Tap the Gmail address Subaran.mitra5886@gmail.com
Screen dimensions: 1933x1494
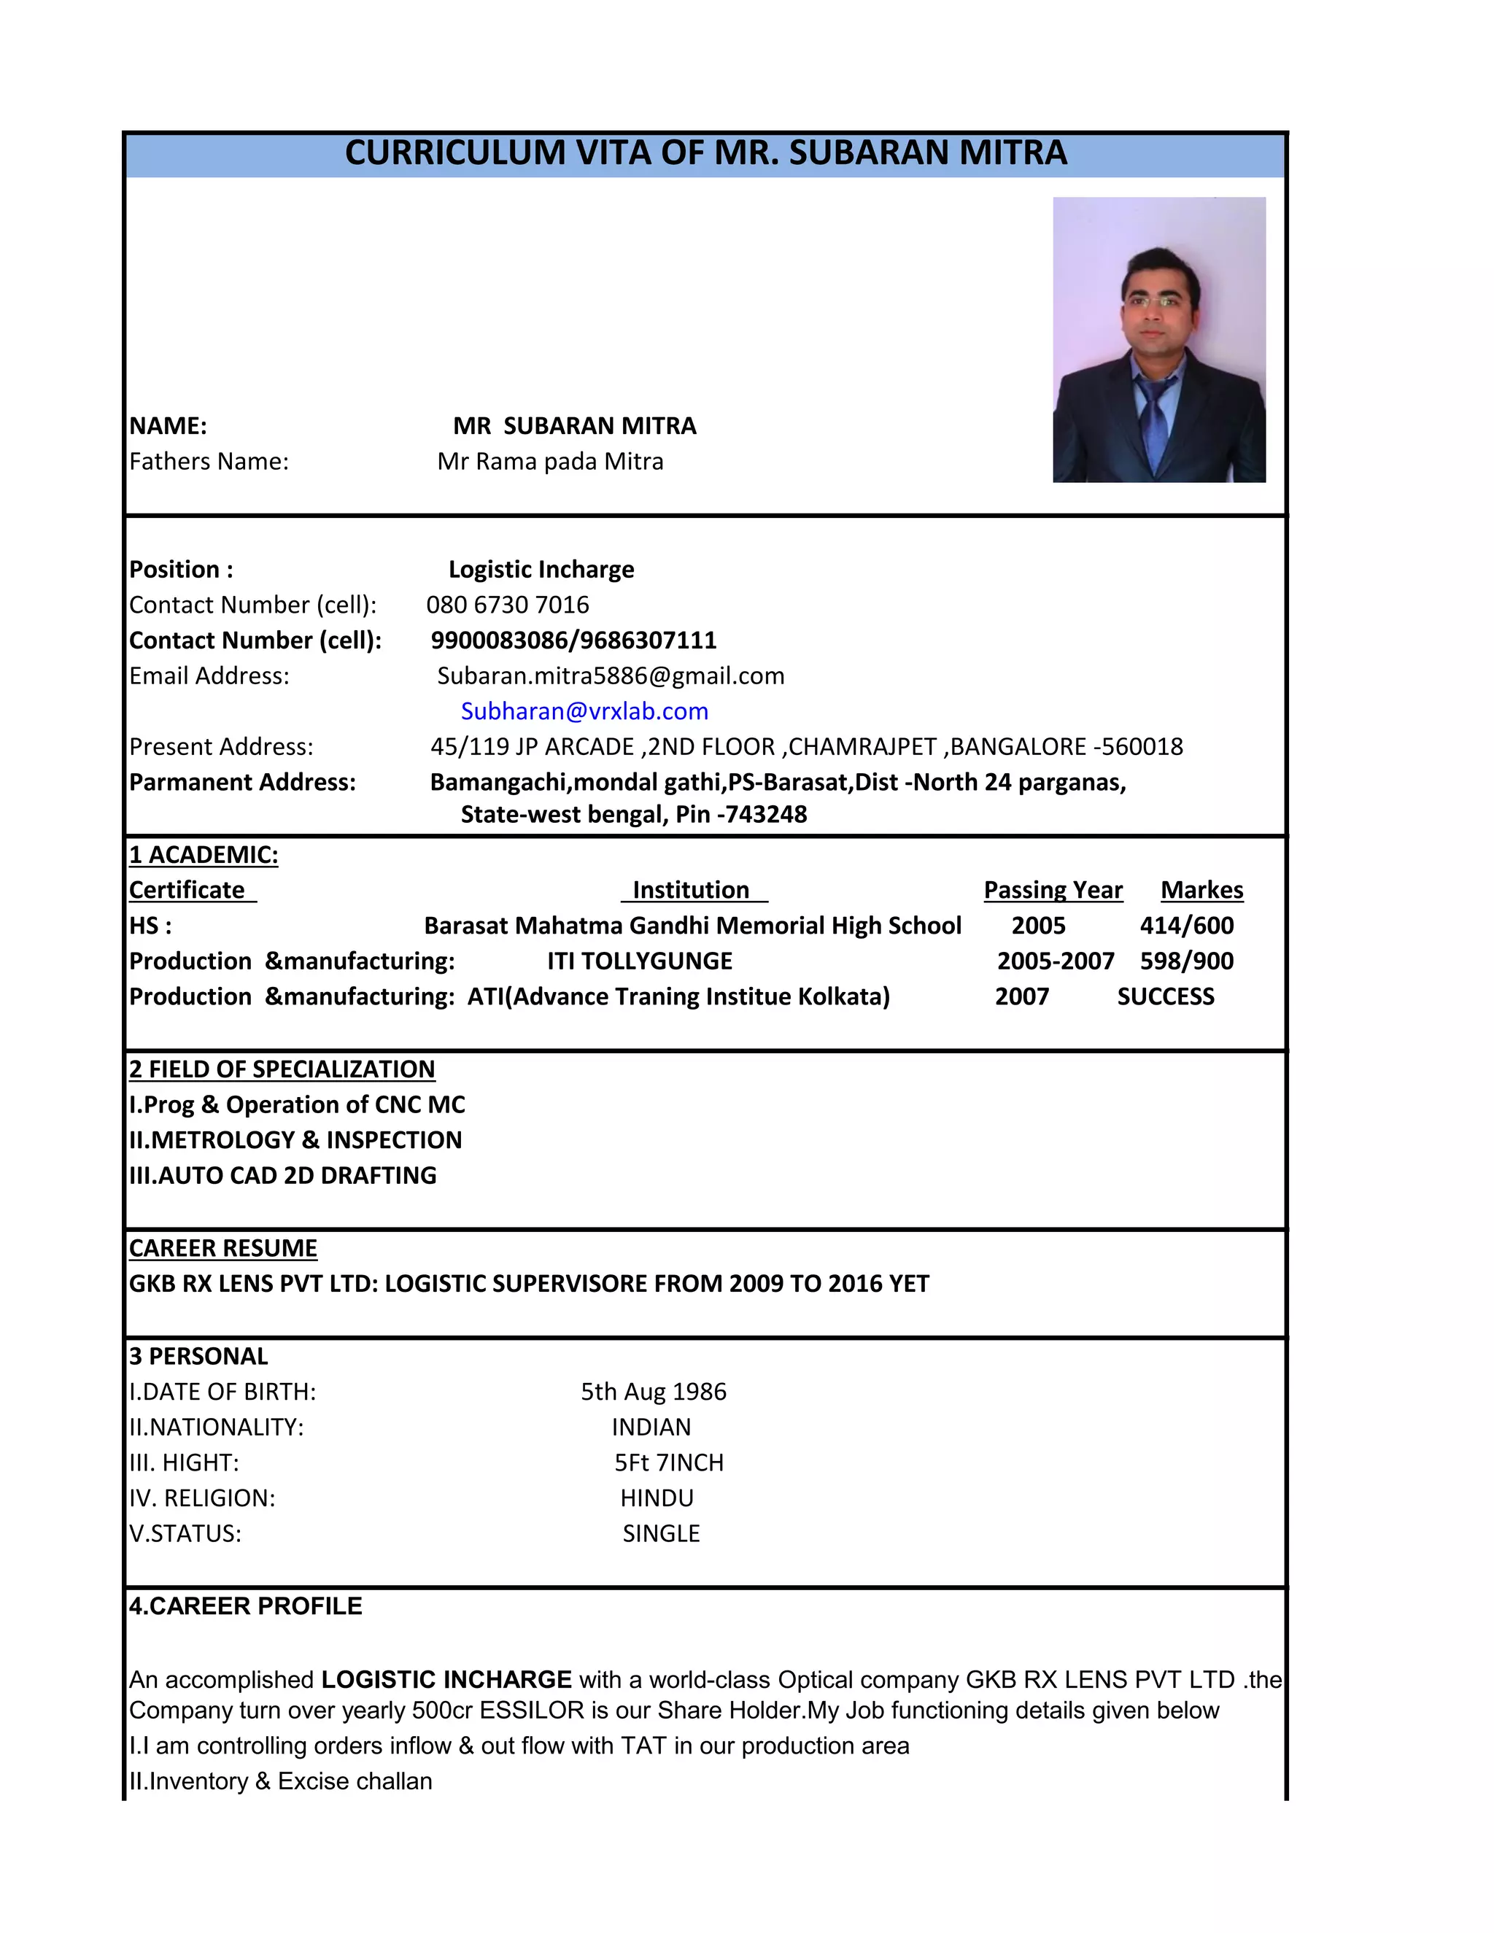pos(611,675)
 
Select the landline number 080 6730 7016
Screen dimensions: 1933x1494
pos(507,605)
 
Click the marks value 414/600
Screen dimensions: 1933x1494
pos(1186,925)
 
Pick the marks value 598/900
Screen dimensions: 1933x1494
pos(1186,961)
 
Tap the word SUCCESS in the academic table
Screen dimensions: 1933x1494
pos(1165,996)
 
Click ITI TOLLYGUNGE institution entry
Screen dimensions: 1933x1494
pos(639,961)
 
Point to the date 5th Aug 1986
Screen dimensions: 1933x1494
pos(653,1391)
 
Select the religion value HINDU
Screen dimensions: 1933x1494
pos(657,1498)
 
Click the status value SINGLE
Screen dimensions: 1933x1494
pos(660,1533)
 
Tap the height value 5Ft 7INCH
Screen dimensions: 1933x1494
pos(668,1462)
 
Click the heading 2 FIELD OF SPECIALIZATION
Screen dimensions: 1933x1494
pos(282,1069)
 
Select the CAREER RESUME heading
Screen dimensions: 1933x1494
pos(223,1248)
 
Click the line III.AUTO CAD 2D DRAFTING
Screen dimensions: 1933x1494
pos(282,1175)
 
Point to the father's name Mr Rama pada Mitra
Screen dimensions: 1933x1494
pos(549,461)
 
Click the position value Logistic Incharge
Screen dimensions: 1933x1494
pos(541,569)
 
